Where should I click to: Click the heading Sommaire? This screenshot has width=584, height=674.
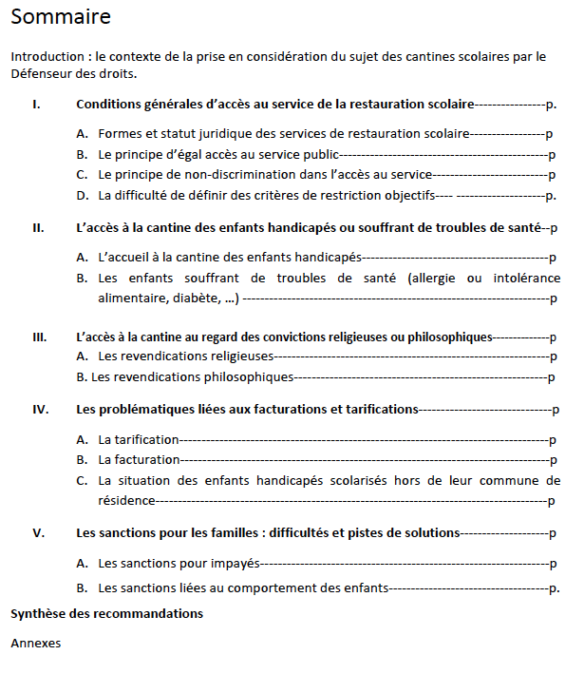(x=61, y=16)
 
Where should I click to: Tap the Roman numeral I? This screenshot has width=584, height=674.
(x=36, y=103)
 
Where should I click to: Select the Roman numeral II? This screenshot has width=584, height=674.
(x=38, y=227)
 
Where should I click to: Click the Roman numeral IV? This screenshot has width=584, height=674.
(x=40, y=409)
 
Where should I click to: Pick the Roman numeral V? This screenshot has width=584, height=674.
(x=38, y=532)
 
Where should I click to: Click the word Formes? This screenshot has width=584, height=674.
(x=121, y=134)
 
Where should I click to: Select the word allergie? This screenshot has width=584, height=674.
(x=436, y=278)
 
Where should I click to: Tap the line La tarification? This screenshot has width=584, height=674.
(x=139, y=439)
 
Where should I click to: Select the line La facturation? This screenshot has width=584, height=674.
(x=139, y=459)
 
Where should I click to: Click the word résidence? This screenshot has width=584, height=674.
(x=126, y=499)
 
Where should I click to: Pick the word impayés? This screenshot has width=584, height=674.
(x=234, y=564)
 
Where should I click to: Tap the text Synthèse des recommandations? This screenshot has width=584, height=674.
(x=106, y=613)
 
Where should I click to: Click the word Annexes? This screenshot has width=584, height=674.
(x=35, y=644)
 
